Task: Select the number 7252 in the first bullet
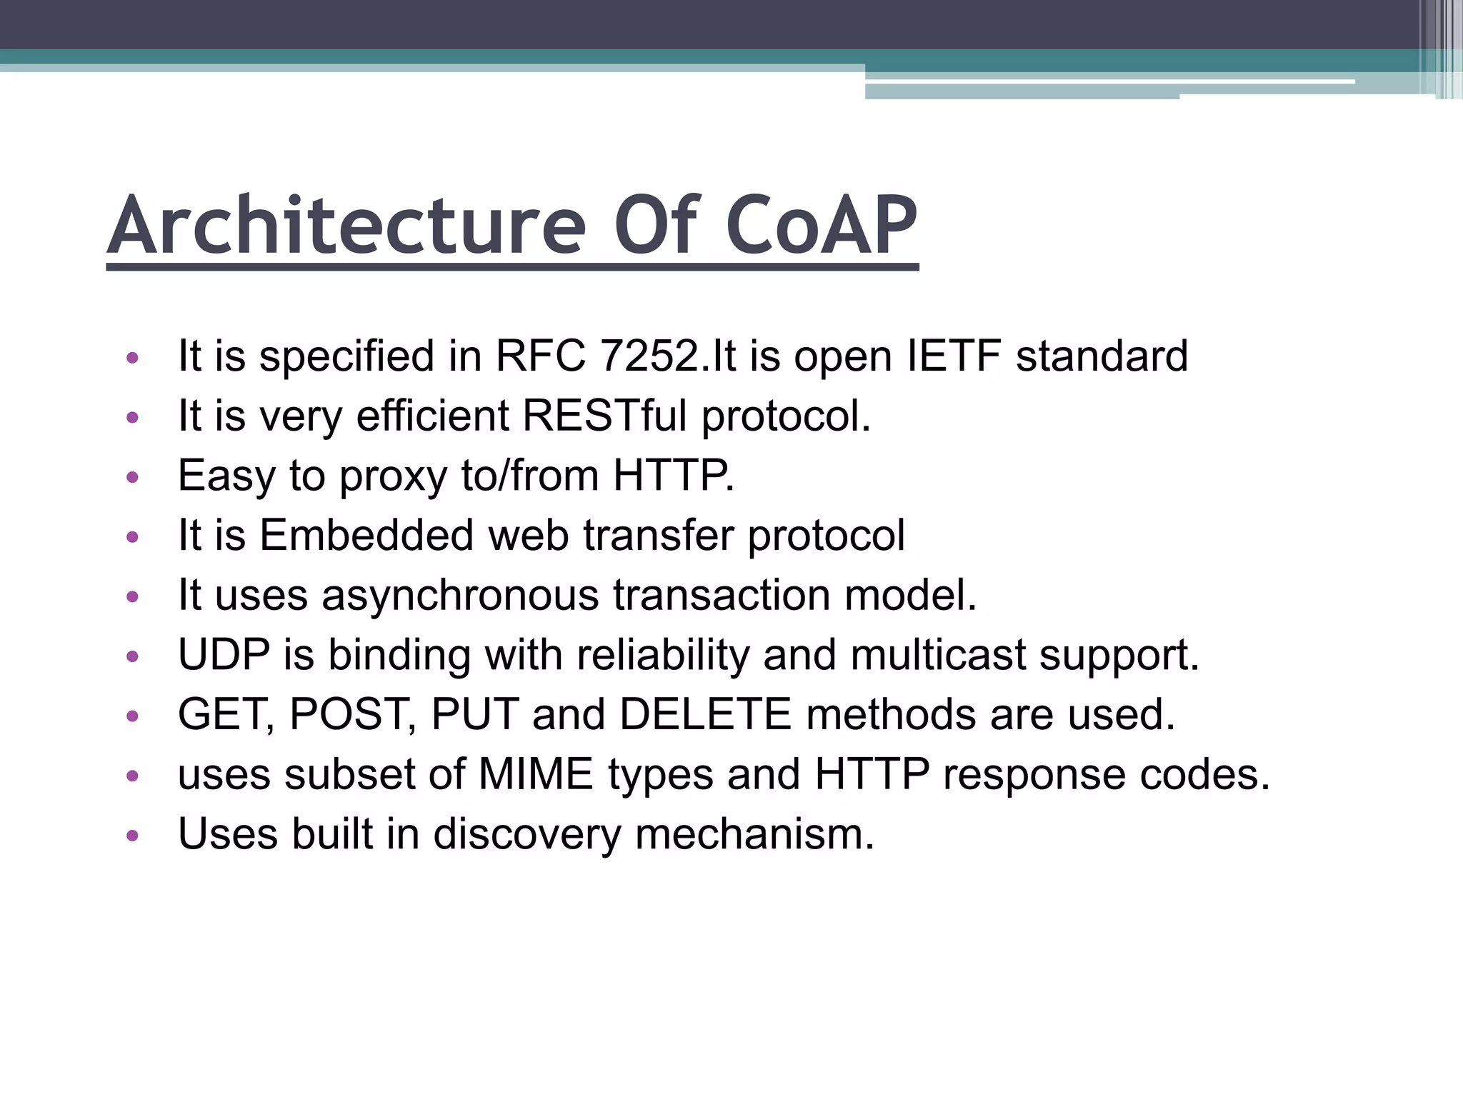649,356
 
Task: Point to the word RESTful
605,416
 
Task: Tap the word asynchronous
460,595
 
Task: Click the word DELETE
705,714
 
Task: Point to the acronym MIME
536,774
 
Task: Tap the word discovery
527,834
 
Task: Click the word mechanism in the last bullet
754,834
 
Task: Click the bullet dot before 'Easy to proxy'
132,477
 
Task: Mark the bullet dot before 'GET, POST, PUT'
132,716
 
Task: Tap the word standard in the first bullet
1102,356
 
